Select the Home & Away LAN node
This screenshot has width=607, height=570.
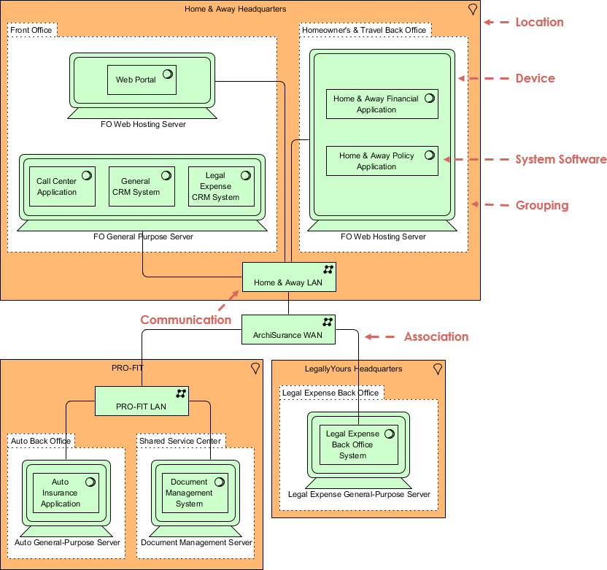tap(288, 277)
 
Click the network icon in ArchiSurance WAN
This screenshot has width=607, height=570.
tap(328, 322)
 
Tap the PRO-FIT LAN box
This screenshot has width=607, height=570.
tap(142, 401)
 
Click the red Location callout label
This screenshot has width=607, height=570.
tap(539, 23)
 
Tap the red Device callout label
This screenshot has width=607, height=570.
tap(535, 79)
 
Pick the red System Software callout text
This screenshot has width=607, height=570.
tap(560, 160)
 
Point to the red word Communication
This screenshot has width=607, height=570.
tap(185, 320)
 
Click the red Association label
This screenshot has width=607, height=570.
tap(436, 336)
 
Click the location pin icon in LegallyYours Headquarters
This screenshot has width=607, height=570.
tap(438, 369)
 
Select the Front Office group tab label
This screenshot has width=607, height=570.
tap(31, 30)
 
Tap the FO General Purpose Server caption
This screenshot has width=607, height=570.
tap(143, 236)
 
